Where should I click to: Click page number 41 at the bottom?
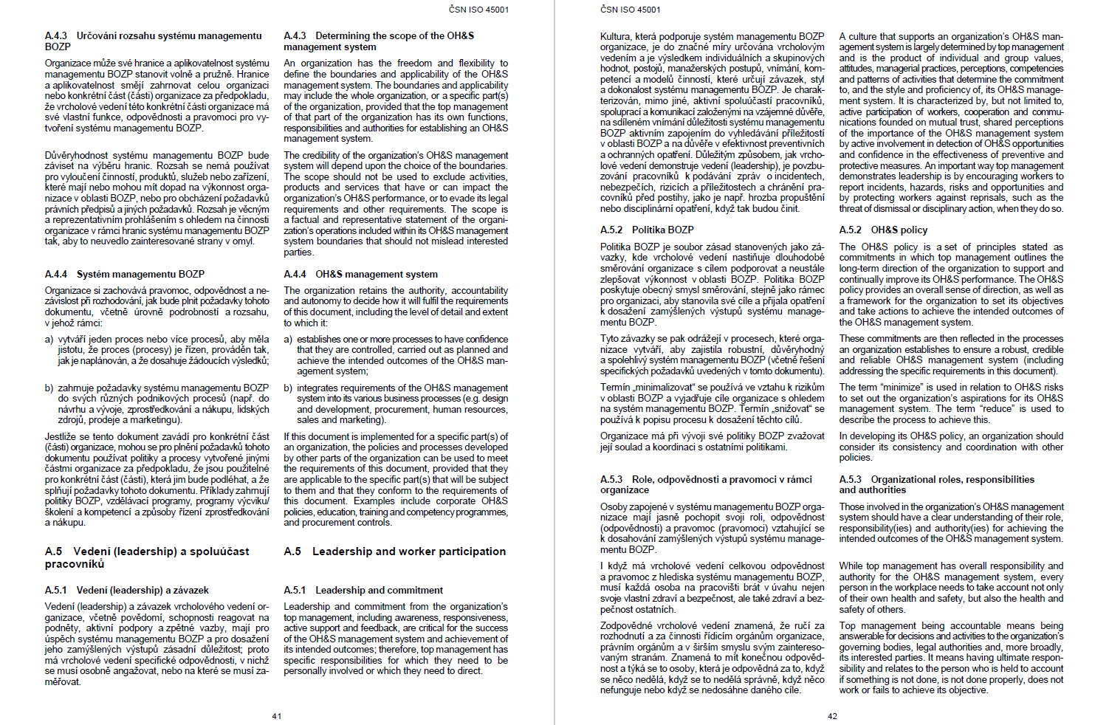pyautogui.click(x=277, y=716)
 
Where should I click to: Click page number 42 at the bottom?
pyautogui.click(x=832, y=716)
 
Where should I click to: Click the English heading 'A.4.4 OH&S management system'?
pyautogui.click(x=360, y=274)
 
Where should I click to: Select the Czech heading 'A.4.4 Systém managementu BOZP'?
pyautogui.click(x=124, y=274)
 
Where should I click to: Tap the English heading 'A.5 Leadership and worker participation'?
pyautogui.click(x=394, y=552)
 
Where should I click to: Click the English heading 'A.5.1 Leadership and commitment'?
pyautogui.click(x=363, y=590)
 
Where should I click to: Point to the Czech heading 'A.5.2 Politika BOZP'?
pyautogui.click(x=647, y=230)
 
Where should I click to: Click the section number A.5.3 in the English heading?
pyautogui.click(x=851, y=479)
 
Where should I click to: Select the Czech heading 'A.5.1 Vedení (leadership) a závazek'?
pyautogui.click(x=126, y=590)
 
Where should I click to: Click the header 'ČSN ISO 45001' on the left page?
pyautogui.click(x=478, y=10)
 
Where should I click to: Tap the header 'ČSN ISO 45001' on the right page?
pyautogui.click(x=631, y=10)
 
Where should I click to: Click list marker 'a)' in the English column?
pyautogui.click(x=288, y=340)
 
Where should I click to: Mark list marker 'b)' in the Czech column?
pyautogui.click(x=49, y=388)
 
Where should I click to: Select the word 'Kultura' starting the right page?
pyautogui.click(x=616, y=36)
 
